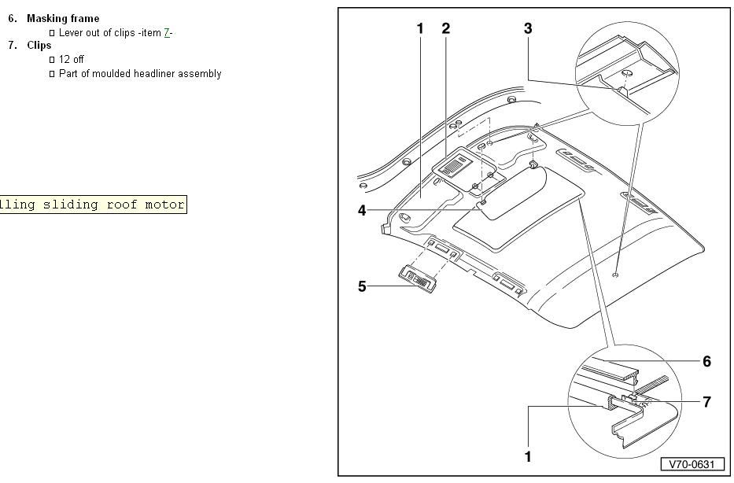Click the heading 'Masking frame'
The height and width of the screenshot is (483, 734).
[x=63, y=18]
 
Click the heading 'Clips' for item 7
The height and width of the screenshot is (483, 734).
[x=39, y=46]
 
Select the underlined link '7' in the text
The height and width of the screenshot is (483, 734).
[x=167, y=32]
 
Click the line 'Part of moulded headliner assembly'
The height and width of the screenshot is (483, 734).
[x=139, y=73]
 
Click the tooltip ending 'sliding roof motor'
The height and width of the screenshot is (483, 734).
[x=93, y=205]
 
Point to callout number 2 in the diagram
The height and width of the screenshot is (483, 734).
[x=446, y=28]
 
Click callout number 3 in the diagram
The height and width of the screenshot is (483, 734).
[x=528, y=28]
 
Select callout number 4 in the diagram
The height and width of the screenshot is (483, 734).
[x=362, y=211]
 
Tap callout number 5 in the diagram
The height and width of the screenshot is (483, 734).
[x=362, y=286]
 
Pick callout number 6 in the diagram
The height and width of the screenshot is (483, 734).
[x=706, y=362]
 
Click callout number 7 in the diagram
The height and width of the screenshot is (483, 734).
[x=706, y=402]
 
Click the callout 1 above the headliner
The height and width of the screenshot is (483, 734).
[x=420, y=28]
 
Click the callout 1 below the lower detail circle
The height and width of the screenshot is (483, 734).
[x=528, y=456]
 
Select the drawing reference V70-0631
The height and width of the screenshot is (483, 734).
[x=692, y=464]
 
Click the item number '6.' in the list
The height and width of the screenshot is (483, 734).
[x=13, y=18]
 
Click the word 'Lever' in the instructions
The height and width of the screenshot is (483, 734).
[x=72, y=32]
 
